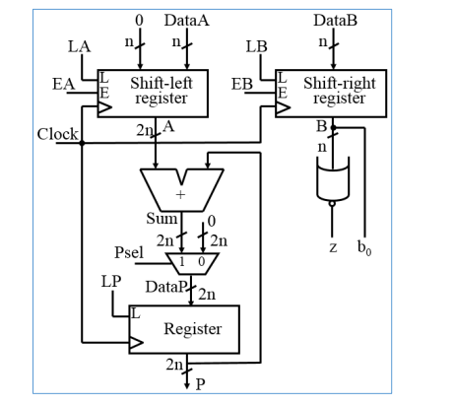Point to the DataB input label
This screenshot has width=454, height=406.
click(x=337, y=19)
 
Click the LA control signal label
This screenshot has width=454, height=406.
click(x=79, y=46)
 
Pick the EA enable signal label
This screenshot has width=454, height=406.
click(x=64, y=85)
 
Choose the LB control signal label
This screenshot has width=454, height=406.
click(x=256, y=46)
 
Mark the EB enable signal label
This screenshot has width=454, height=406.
click(x=243, y=85)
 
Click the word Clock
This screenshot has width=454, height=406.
click(x=57, y=134)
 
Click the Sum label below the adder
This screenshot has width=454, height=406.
click(x=161, y=218)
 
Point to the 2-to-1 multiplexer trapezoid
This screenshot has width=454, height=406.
click(x=191, y=262)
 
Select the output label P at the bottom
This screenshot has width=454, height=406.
click(x=201, y=384)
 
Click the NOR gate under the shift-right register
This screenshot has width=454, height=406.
click(x=333, y=181)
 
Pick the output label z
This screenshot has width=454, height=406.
click(x=333, y=247)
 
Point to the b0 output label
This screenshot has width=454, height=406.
click(x=366, y=248)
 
